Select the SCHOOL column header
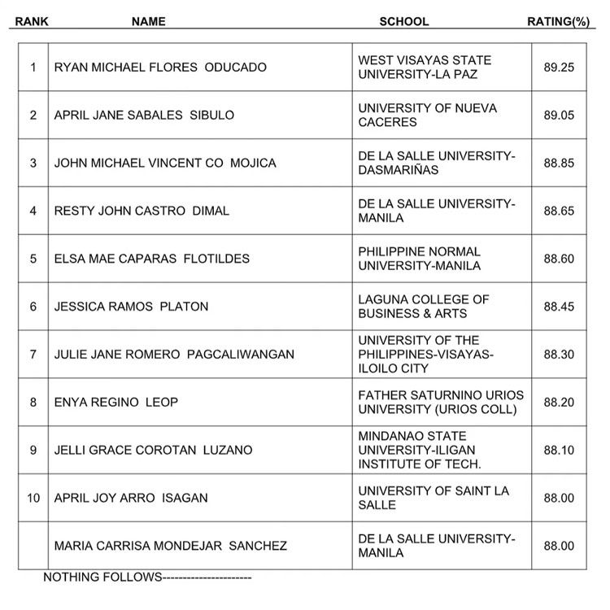pos(403,21)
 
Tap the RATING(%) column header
pos(557,21)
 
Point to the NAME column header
pos(148,21)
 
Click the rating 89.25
pos(559,67)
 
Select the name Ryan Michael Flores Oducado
pos(160,67)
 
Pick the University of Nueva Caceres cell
pos(427,115)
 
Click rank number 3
pos(33,163)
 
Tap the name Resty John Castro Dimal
pos(142,211)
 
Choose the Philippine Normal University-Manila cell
pos(419,259)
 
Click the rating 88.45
pos(559,307)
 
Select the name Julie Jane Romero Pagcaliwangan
pos(174,355)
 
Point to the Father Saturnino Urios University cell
pos(441,402)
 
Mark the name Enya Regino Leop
pos(115,402)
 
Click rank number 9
pos(33,450)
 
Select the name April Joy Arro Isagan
pos(131,498)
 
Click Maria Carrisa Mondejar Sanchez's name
pos(170,546)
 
